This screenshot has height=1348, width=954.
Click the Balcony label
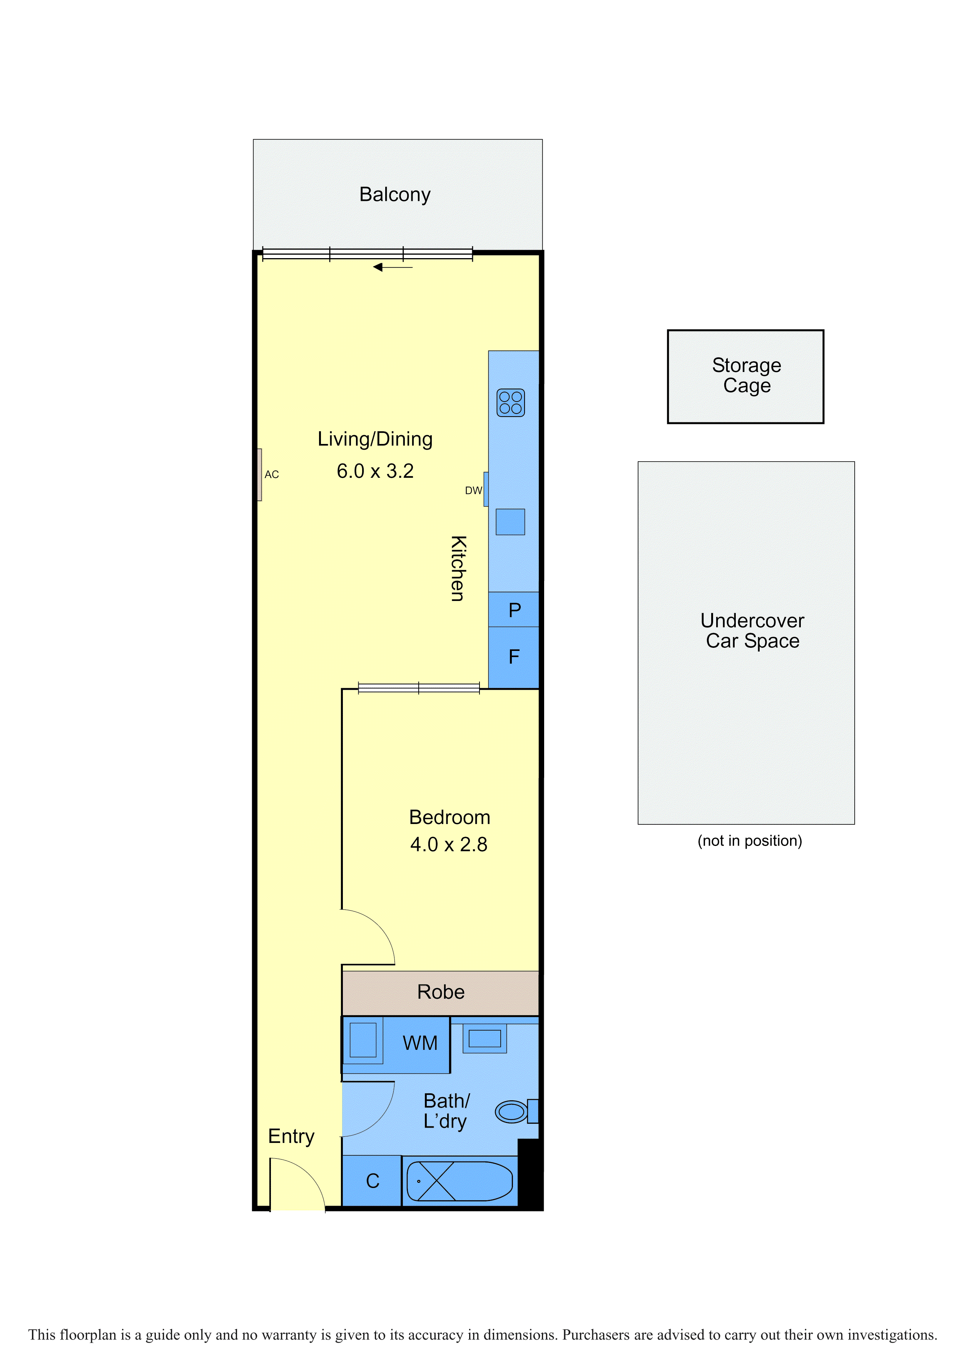point(395,194)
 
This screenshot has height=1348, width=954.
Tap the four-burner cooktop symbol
point(511,403)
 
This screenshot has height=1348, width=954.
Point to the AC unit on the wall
point(259,475)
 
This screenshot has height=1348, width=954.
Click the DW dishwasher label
point(473,490)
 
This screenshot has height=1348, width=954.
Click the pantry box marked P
point(514,609)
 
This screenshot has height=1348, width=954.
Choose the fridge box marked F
point(514,657)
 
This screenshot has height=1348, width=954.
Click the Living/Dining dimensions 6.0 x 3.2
point(375,471)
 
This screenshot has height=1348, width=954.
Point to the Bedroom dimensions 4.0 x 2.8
point(449,844)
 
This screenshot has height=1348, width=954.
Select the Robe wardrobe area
point(441,992)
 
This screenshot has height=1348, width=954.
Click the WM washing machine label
point(420,1043)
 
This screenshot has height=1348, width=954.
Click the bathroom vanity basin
point(485,1039)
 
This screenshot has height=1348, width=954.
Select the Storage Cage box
point(745,376)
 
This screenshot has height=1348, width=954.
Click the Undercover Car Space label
point(752,631)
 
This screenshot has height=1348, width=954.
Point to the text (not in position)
point(750,841)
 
